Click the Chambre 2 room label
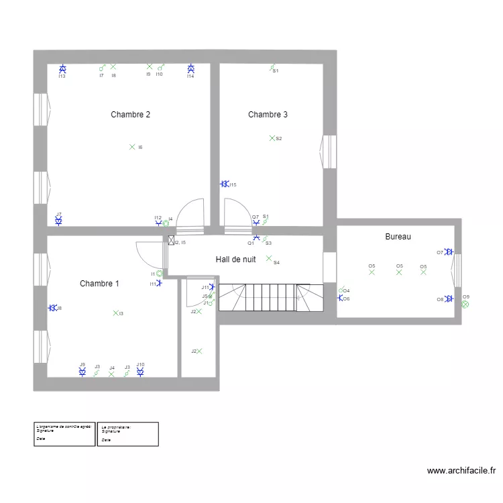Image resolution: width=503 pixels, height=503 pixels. point(130,115)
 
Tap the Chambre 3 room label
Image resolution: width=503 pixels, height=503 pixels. point(268,115)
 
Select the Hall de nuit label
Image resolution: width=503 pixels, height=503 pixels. point(235,259)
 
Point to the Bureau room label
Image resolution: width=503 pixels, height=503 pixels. point(398,237)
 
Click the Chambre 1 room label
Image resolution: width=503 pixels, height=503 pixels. point(99,284)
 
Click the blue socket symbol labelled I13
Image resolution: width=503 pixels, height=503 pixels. point(62,69)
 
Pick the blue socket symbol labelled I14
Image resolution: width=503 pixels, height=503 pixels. point(190,69)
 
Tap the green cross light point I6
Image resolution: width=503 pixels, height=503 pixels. point(132,147)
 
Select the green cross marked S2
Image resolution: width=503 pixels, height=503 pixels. point(272,138)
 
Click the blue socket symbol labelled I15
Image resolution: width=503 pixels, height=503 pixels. point(225,184)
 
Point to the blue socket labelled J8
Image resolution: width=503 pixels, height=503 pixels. point(52,308)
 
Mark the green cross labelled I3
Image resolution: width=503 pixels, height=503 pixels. point(115,313)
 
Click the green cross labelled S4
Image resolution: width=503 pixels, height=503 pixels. point(269,258)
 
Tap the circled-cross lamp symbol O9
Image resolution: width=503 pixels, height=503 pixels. point(465,303)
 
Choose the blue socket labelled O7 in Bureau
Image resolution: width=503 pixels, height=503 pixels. point(449,252)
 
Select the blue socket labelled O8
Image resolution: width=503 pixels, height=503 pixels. point(449,299)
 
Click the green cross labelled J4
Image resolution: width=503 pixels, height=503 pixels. point(111,374)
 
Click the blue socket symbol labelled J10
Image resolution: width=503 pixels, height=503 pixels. point(140,371)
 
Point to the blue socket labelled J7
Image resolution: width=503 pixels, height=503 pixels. point(59,220)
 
